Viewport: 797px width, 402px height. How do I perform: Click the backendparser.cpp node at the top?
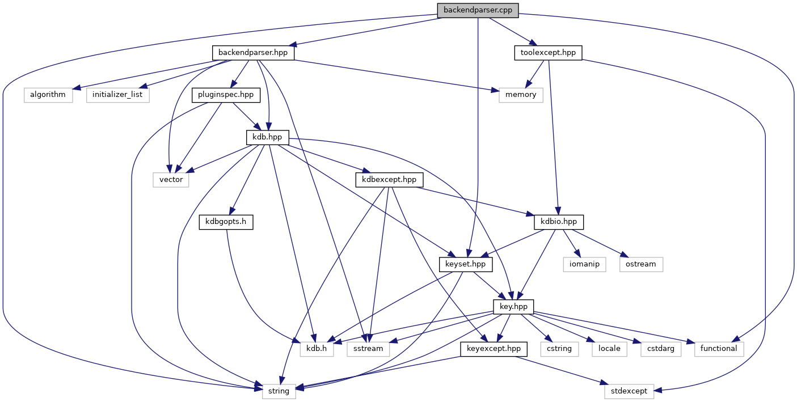pos(478,10)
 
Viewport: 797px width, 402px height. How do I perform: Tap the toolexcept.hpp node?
pos(548,53)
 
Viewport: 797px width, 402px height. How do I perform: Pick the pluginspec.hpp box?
pos(226,95)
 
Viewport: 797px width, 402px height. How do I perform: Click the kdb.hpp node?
pos(268,137)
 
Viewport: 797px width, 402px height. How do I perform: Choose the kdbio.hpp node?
pos(559,222)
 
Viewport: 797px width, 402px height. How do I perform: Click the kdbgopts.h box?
pos(226,222)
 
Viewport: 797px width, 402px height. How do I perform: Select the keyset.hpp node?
pos(466,264)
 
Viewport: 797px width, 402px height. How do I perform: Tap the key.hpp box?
pos(514,306)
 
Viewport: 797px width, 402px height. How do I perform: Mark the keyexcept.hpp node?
pos(494,349)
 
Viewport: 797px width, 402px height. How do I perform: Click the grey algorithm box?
pos(48,95)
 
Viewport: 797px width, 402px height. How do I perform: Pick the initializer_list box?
pos(118,95)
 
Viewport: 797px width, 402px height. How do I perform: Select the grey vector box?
pos(171,180)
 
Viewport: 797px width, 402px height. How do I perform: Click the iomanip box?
pos(585,264)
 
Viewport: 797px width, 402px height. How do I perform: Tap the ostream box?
pos(641,264)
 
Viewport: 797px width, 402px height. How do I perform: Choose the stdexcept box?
pos(629,391)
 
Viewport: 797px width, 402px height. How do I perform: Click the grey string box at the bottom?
pos(279,391)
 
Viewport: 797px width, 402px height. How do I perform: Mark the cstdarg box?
pos(661,349)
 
